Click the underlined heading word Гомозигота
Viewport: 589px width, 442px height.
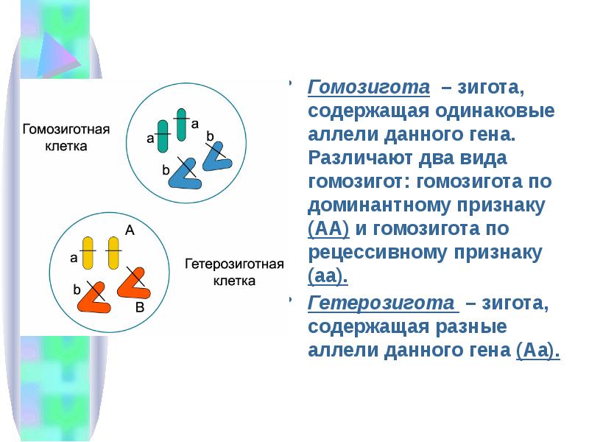[x=368, y=88]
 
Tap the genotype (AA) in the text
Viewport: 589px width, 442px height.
[x=328, y=228]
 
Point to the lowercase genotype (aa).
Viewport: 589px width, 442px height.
[x=327, y=276]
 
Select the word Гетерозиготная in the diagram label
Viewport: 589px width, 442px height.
[x=233, y=263]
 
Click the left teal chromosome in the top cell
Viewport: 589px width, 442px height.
[x=163, y=133]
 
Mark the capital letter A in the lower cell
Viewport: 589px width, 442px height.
[x=130, y=230]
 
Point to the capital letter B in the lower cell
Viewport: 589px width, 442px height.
[x=140, y=309]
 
